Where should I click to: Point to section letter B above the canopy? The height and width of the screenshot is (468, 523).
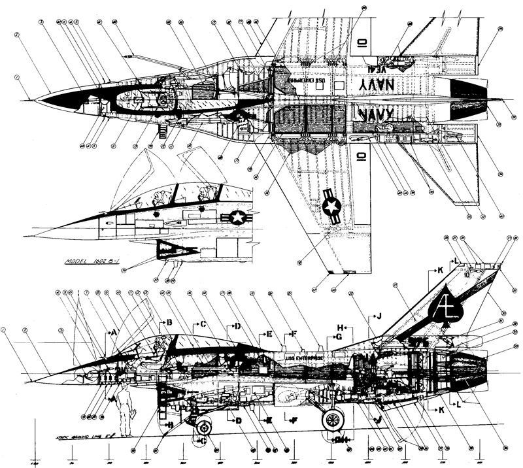point(169,322)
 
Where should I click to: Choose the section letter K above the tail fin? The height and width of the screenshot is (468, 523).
point(440,269)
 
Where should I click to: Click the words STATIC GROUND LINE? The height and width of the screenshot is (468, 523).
point(69,435)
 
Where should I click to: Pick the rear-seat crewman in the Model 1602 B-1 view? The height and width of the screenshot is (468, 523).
point(204,193)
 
